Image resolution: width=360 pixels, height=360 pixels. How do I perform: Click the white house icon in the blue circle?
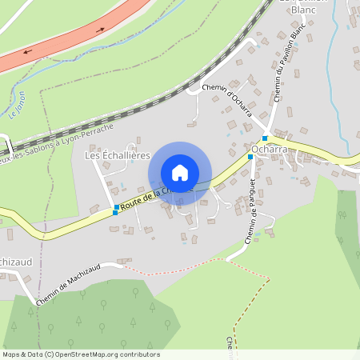click(x=180, y=173)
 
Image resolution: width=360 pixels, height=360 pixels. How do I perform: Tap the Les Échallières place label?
click(x=118, y=155)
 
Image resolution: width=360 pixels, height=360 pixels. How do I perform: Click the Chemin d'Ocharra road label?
click(x=227, y=101)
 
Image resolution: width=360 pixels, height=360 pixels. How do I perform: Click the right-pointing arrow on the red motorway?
click(x=101, y=30)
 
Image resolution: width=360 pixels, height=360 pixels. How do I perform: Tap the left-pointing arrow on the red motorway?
click(x=28, y=52)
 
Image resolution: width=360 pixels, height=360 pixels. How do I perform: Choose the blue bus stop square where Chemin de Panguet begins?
click(x=250, y=157)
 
